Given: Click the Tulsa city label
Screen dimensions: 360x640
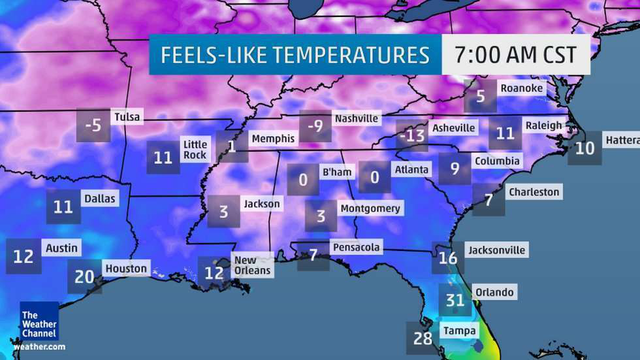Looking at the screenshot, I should (x=127, y=117).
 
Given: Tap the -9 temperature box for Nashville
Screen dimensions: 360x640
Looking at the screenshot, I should (x=316, y=125).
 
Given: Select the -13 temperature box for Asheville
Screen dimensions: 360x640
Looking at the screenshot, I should (x=413, y=135).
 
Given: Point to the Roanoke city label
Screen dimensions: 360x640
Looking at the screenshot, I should (x=521, y=88).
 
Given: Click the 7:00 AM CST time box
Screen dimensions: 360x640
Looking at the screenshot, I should (x=516, y=54).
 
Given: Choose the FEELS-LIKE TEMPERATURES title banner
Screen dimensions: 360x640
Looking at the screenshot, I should (x=295, y=54).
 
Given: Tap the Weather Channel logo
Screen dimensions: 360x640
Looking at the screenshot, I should (x=39, y=320).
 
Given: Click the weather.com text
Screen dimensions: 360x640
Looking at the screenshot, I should (x=39, y=346).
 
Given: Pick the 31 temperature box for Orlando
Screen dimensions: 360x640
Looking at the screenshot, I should (x=455, y=300).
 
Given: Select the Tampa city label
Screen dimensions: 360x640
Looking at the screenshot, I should (x=459, y=331).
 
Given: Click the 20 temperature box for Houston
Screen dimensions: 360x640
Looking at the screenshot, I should (x=84, y=276).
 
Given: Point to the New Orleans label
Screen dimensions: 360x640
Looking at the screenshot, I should (x=251, y=265).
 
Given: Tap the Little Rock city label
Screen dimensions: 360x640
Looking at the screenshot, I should (x=195, y=150).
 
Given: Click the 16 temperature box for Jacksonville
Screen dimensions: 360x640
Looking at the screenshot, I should (x=448, y=257).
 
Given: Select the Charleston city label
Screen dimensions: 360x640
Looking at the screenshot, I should (x=534, y=192).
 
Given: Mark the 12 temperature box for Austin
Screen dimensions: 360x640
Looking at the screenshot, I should (x=24, y=255).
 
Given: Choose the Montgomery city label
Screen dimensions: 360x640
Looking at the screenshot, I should (x=370, y=208).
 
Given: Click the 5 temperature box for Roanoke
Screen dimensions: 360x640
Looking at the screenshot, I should (x=481, y=96).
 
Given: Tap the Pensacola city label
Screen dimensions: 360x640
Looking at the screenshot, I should (x=356, y=248).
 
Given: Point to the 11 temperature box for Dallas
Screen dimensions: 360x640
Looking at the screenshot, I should (x=63, y=206).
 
